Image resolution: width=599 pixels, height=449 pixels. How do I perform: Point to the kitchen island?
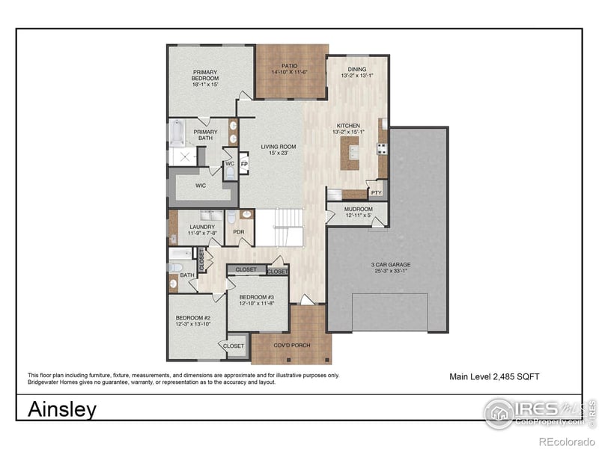[x=348, y=154]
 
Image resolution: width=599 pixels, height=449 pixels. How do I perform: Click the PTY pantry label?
[x=376, y=192]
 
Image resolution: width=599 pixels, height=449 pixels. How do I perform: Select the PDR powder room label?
[x=239, y=232]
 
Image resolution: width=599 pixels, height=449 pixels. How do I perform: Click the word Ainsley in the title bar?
[x=62, y=409]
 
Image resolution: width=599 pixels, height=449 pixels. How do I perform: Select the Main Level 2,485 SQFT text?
[x=494, y=376]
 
